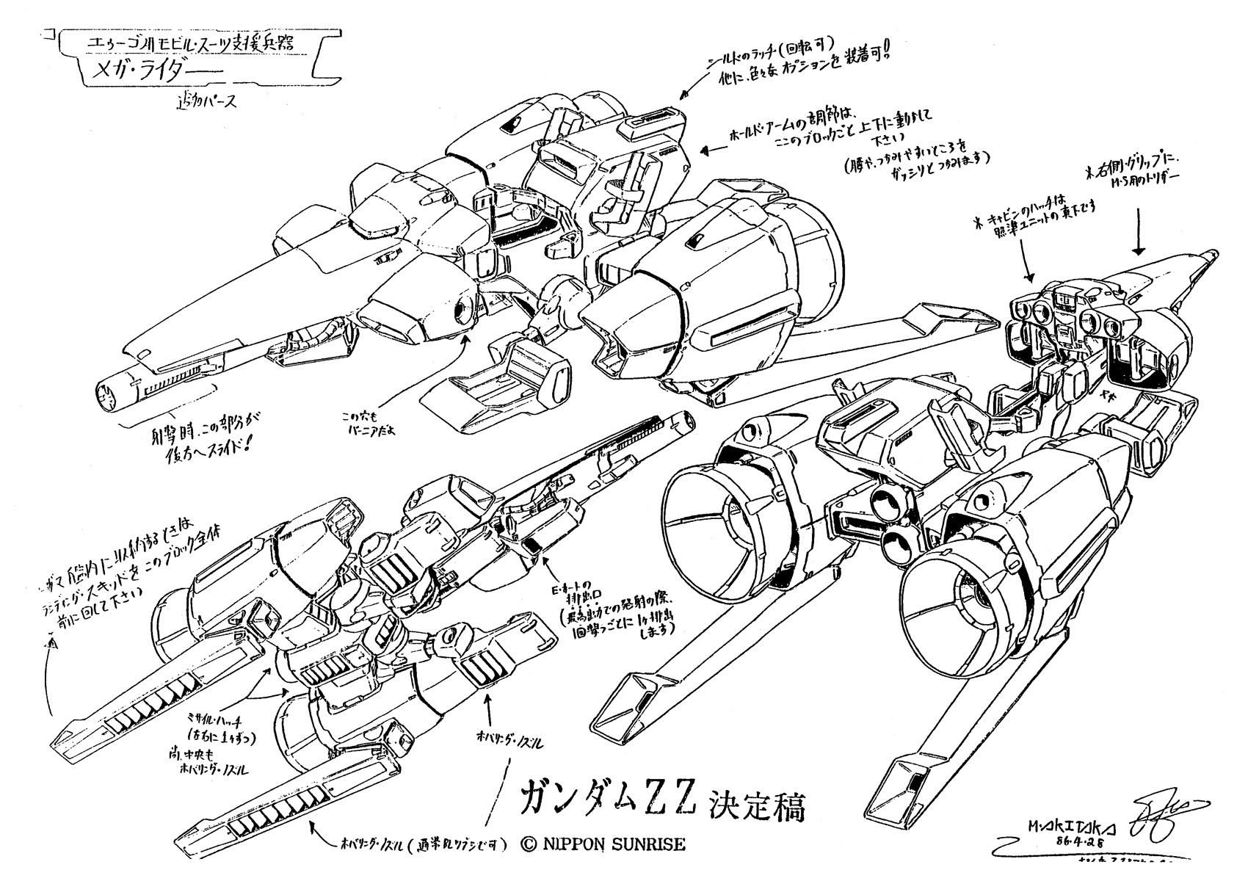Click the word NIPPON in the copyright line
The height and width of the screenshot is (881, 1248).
pyautogui.click(x=578, y=844)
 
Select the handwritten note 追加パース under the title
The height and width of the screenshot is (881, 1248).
pyautogui.click(x=204, y=103)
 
